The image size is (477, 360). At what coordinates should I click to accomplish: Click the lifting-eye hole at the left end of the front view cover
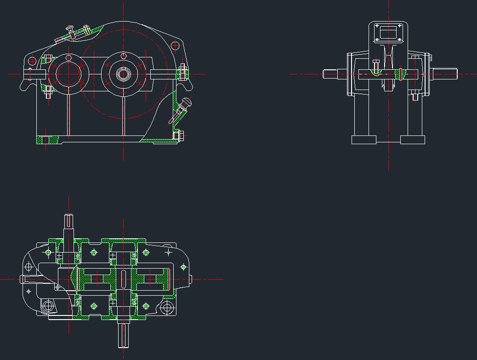pos(32,60)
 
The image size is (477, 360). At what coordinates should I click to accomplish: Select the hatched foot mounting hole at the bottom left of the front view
pos(45,140)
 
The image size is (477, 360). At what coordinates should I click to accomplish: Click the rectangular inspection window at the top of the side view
pos(388,33)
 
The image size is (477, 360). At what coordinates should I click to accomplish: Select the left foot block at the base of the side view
pos(364,140)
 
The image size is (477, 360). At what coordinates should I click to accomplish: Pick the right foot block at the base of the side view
pos(412,140)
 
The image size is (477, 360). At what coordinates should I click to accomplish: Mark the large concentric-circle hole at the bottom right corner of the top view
pos(167,307)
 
